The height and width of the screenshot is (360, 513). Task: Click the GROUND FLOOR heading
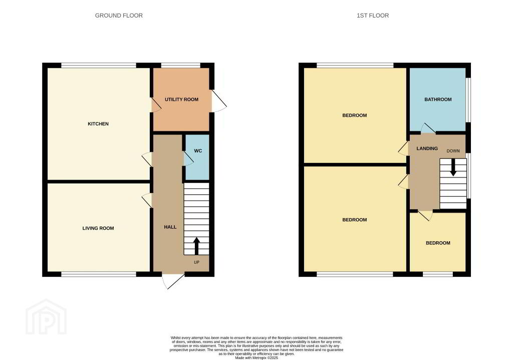[119, 16]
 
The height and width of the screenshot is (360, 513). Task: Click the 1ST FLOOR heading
[373, 16]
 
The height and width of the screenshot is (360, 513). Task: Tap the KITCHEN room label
[98, 124]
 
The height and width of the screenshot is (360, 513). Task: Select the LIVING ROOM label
[98, 228]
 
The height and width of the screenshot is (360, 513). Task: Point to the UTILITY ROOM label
[181, 99]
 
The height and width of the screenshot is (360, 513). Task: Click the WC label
[198, 151]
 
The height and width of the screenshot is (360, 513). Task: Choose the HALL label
[170, 227]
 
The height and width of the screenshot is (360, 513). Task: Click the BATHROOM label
[438, 99]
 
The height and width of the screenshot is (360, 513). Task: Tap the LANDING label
[427, 148]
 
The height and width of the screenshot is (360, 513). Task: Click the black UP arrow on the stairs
[196, 246]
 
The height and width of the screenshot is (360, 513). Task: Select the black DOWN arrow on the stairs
[453, 167]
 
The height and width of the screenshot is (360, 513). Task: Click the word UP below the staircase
[196, 262]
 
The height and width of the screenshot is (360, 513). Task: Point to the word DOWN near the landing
[453, 151]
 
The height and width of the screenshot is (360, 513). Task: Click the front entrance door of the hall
[173, 281]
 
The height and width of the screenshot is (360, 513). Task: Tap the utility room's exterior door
[219, 101]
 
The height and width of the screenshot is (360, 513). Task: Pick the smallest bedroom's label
[438, 243]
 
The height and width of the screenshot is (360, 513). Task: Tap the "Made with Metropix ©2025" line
[256, 358]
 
